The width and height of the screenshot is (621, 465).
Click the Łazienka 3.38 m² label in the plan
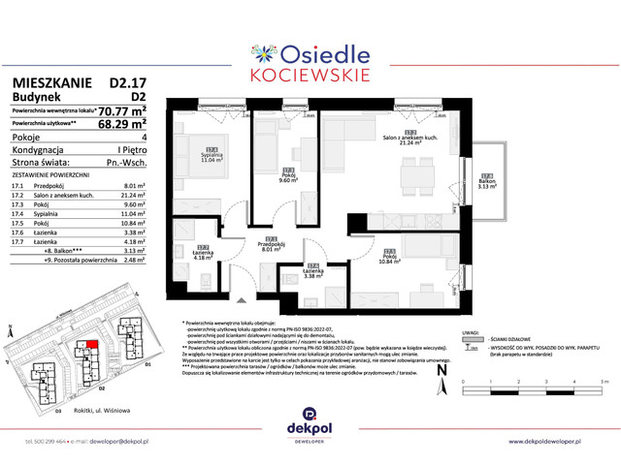[x=311, y=272]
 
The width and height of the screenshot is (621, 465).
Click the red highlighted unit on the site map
[x=92, y=343]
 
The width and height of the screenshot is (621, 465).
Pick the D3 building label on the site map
[x=58, y=411]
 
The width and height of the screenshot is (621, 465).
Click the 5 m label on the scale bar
[x=605, y=384]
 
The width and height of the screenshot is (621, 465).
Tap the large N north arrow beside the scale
[x=442, y=369]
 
